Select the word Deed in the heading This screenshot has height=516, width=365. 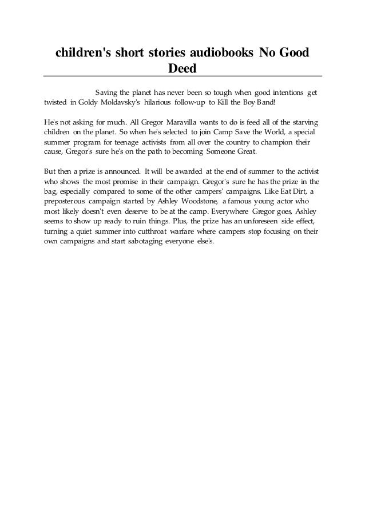[x=182, y=69]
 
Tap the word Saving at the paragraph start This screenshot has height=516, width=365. [x=108, y=93]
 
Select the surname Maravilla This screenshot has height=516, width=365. [x=184, y=123]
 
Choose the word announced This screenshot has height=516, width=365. [x=121, y=171]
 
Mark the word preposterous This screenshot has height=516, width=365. [x=67, y=202]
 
